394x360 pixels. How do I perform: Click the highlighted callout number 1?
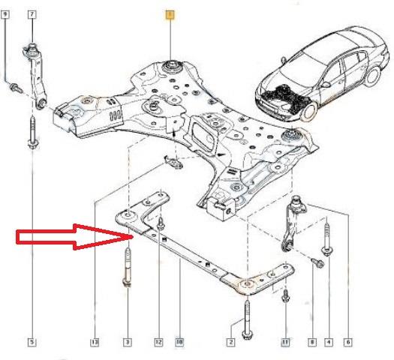[170, 14]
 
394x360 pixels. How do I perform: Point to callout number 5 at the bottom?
[32, 343]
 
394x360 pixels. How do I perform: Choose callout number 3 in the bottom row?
[127, 343]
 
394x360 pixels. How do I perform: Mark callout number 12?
[158, 343]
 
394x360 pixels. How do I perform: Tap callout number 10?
[179, 343]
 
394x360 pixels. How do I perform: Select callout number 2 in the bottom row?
[231, 343]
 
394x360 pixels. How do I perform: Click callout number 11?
[285, 343]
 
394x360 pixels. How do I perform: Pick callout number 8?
[312, 343]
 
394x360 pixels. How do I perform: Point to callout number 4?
[329, 343]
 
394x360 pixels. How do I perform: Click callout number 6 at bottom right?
[348, 343]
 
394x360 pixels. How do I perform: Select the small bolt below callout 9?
[13, 88]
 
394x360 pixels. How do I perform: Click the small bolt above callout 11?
[285, 295]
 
